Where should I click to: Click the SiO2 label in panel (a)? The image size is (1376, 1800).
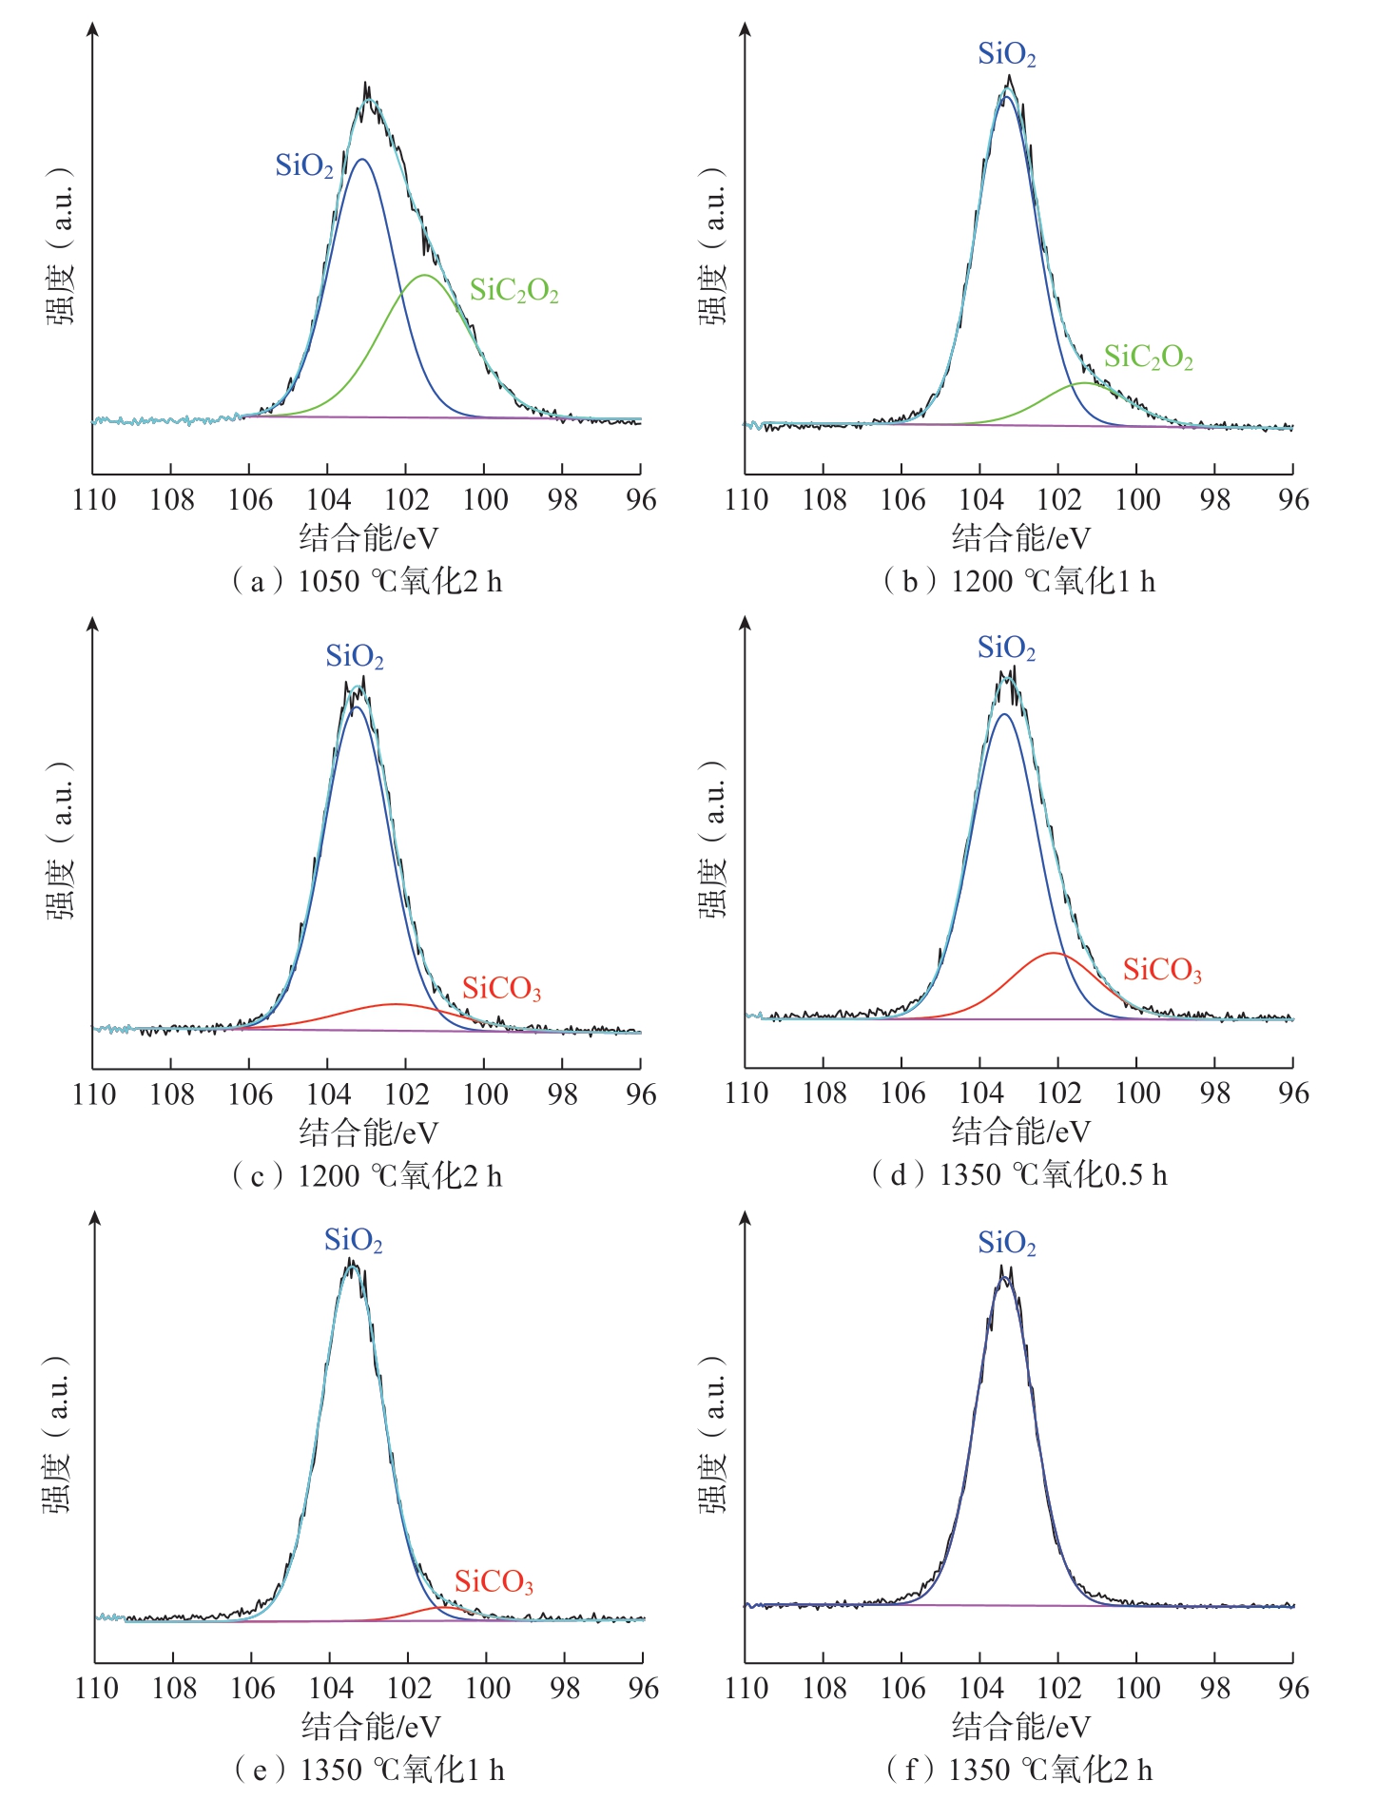pyautogui.click(x=304, y=166)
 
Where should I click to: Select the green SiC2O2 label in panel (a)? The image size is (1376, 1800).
pyautogui.click(x=514, y=291)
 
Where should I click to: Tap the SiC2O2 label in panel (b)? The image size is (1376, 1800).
pyautogui.click(x=1149, y=358)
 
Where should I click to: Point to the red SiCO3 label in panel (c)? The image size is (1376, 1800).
pyautogui.click(x=502, y=990)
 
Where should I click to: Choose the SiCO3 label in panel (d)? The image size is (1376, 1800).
pyautogui.click(x=1163, y=971)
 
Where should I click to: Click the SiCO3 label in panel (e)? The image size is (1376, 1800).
pyautogui.click(x=494, y=1582)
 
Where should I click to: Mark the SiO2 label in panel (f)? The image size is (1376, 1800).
pyautogui.click(x=1007, y=1244)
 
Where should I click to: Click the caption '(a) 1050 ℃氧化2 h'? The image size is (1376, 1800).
pyautogui.click(x=367, y=581)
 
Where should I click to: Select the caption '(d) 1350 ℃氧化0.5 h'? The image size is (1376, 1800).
pyautogui.click(x=1019, y=1175)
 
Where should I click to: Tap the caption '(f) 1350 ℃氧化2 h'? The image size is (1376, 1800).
pyautogui.click(x=1019, y=1770)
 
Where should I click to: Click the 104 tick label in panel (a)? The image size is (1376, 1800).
pyautogui.click(x=328, y=500)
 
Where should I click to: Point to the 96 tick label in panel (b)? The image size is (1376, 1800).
pyautogui.click(x=1293, y=500)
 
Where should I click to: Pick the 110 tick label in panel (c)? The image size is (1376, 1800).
pyautogui.click(x=94, y=1094)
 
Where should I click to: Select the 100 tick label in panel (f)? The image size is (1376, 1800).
pyautogui.click(x=1137, y=1689)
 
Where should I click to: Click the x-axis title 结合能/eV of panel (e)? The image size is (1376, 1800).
pyautogui.click(x=371, y=1727)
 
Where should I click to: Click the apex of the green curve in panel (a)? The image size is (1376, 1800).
pyautogui.click(x=424, y=275)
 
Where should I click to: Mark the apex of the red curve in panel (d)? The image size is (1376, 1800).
pyautogui.click(x=1053, y=953)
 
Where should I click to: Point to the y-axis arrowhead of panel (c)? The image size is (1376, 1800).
pyautogui.click(x=92, y=623)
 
